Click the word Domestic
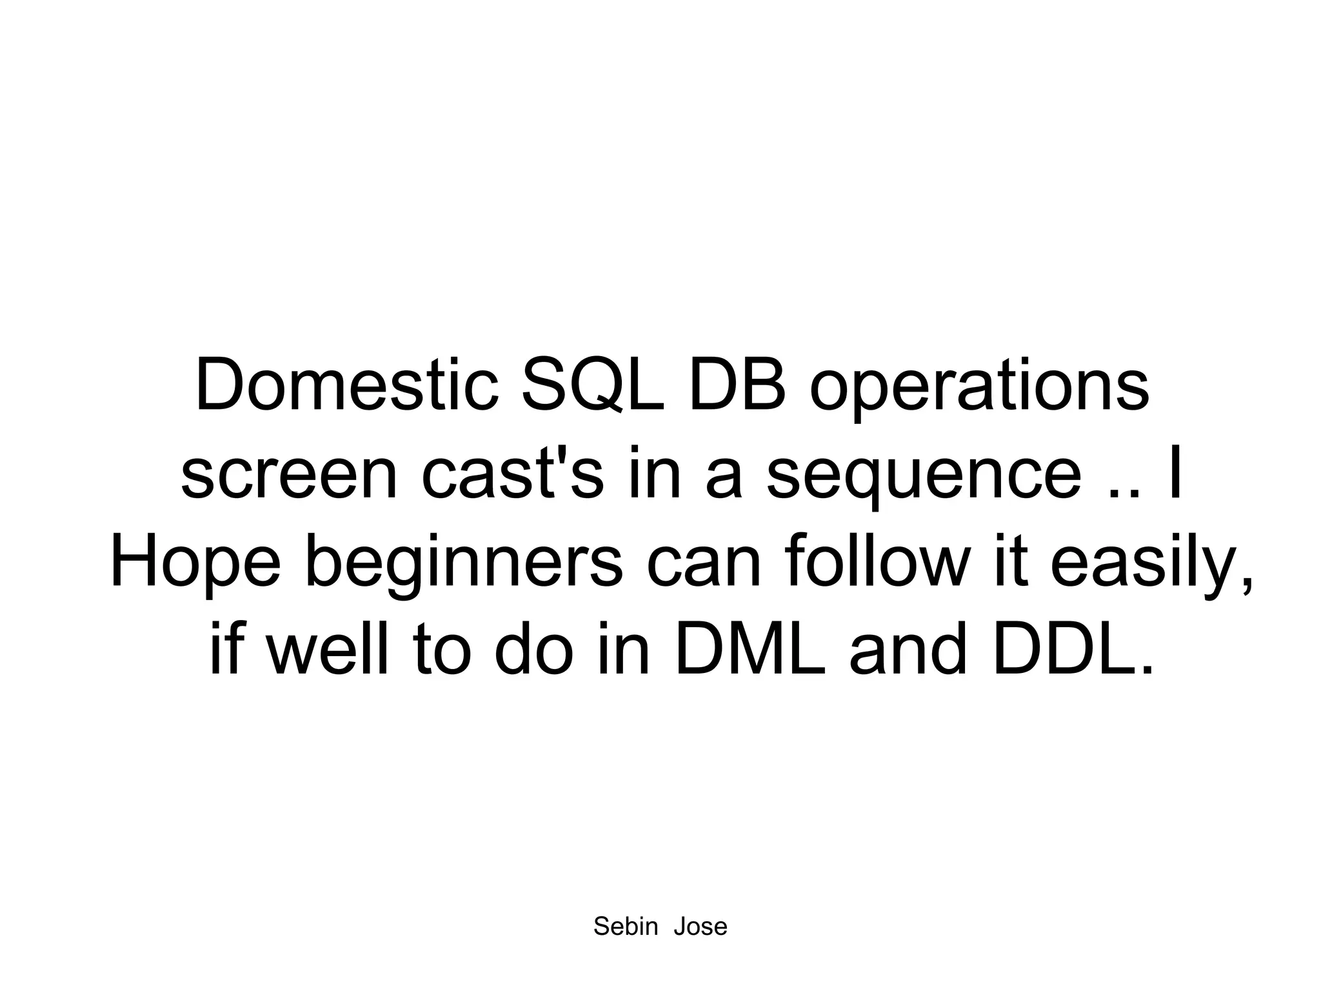(x=346, y=386)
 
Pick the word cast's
(x=513, y=474)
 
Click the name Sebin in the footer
(x=625, y=926)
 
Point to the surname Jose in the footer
(x=700, y=926)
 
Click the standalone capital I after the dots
(x=1175, y=474)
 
